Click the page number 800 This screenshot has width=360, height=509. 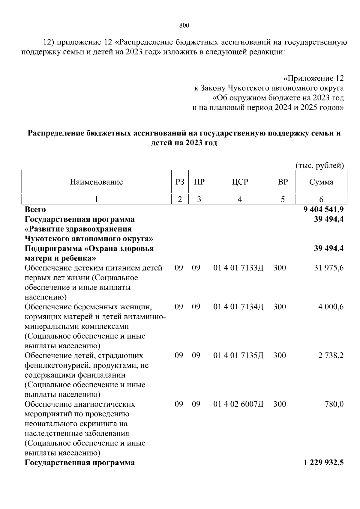pos(184,26)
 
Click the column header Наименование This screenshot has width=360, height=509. pos(96,182)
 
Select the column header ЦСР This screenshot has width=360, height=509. pos(240,182)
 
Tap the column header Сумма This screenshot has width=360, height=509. pos(321,182)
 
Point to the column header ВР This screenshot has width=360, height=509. pos(283,182)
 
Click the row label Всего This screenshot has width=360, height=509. pos(35,209)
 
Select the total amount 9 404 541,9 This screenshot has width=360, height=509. pos(323,209)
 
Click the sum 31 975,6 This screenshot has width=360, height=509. pos(328,268)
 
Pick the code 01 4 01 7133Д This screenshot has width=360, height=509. pos(238,268)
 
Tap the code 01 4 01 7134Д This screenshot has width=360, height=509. pos(238,307)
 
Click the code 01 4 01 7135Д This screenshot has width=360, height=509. pos(238,356)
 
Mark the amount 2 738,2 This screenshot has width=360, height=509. pos(331,356)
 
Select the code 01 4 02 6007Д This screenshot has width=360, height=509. pos(238,404)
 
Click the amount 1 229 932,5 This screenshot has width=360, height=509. pos(323,463)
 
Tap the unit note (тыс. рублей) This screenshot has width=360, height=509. pos(319,165)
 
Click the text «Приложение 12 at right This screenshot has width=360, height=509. pos(313,79)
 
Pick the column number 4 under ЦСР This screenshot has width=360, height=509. pos(240,199)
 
